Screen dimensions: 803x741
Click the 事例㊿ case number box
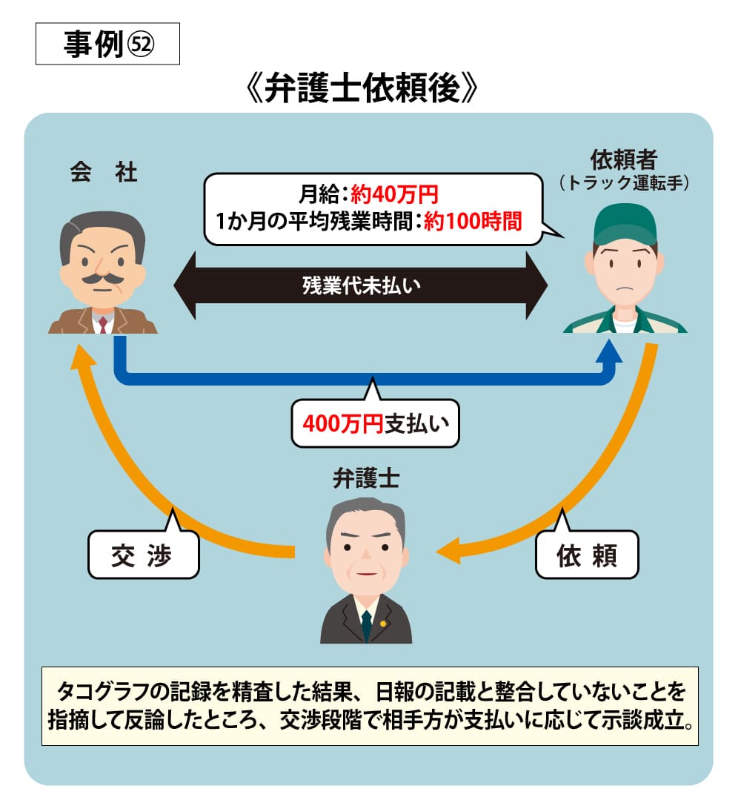107,44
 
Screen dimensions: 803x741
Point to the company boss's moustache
102,279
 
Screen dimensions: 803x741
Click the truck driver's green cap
625,222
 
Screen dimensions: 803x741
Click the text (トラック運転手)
624,182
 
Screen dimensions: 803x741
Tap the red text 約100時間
473,221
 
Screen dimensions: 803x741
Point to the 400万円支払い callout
375,424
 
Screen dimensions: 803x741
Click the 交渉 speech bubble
143,555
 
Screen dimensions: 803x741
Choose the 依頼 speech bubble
587,555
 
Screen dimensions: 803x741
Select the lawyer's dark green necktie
366,625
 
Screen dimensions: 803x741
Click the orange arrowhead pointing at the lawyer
451,552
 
